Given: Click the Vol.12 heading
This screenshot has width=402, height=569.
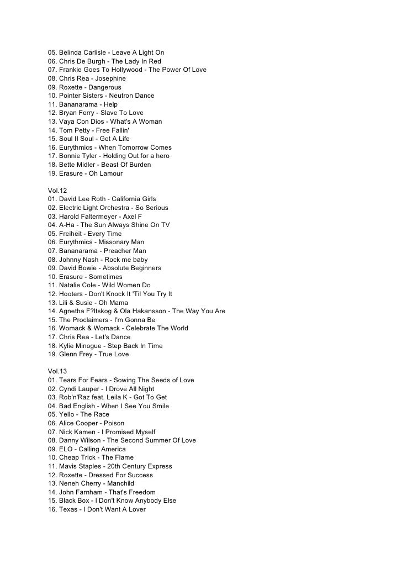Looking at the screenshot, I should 57,191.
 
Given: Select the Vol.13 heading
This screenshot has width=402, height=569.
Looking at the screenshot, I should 57,371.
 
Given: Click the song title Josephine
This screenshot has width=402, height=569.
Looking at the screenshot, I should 110,78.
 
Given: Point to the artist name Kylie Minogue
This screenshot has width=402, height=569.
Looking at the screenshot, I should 80,346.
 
